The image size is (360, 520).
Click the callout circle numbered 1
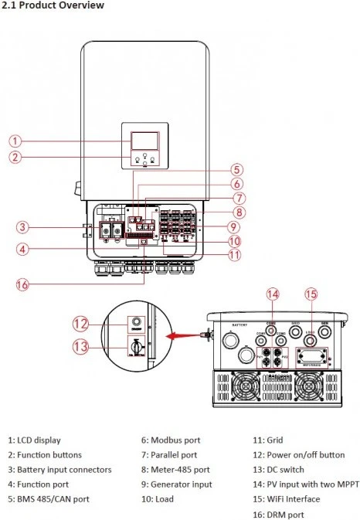coord(16,141)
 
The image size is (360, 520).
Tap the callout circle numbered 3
coord(24,227)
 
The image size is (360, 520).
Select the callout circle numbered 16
coord(24,284)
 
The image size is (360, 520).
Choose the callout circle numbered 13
coord(81,348)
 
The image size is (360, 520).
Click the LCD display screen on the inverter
coord(142,141)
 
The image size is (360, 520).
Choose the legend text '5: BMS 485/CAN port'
coord(48,499)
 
